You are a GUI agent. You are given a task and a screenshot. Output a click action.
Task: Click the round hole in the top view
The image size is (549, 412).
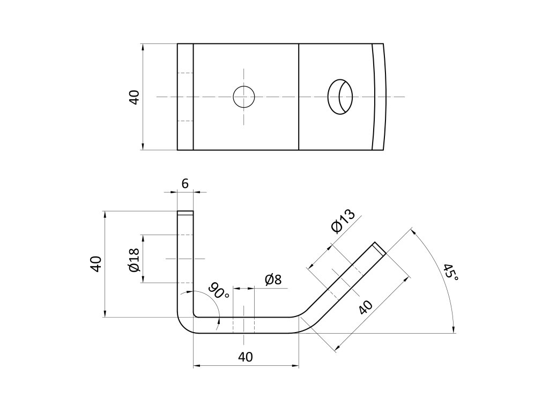[244, 97]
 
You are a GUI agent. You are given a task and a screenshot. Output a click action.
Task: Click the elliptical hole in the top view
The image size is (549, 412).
[340, 97]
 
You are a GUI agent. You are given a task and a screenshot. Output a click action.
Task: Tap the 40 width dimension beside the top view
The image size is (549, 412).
[134, 97]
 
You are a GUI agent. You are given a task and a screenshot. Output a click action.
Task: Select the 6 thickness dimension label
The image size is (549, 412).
[185, 183]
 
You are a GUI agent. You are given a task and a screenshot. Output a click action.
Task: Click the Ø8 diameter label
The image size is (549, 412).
[273, 279]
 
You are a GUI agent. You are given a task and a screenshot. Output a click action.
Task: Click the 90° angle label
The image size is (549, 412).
[219, 291]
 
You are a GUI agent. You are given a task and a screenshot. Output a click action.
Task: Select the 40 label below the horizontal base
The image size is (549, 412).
[245, 357]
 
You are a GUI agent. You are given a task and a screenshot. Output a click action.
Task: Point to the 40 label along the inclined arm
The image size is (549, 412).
[365, 308]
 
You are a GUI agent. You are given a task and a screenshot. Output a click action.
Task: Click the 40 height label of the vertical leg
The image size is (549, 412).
[96, 264]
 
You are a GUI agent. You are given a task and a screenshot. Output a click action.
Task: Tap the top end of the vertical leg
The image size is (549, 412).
[186, 213]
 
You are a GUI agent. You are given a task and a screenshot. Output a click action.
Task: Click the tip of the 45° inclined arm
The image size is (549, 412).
[379, 248]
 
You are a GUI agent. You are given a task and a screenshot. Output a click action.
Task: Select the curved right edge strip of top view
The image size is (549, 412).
[379, 97]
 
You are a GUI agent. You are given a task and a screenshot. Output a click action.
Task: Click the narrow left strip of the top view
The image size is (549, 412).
[185, 97]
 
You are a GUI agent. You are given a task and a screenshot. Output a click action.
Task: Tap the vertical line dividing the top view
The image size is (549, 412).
[298, 97]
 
